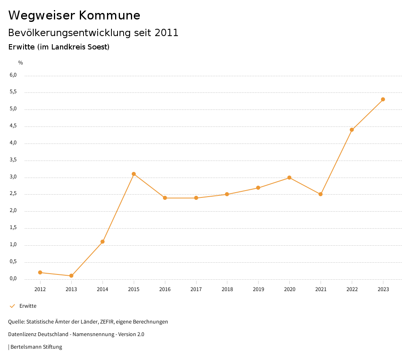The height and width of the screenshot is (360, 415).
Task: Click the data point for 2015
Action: (x=134, y=174)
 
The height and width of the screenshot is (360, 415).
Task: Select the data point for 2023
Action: (x=383, y=99)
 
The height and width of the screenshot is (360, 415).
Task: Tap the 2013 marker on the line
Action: (x=71, y=276)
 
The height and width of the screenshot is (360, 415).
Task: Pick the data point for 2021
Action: (x=321, y=194)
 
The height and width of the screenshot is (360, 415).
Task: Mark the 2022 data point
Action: (x=352, y=130)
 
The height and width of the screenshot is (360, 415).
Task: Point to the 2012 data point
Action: (x=40, y=272)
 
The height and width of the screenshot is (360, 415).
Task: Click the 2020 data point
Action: (x=289, y=178)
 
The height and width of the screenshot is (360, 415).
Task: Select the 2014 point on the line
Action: (x=103, y=242)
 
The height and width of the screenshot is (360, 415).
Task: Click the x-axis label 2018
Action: (x=227, y=289)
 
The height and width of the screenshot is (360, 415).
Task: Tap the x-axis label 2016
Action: (x=165, y=289)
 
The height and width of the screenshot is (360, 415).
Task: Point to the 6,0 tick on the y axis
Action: (x=13, y=75)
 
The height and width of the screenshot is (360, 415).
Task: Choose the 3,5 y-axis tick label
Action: (x=13, y=160)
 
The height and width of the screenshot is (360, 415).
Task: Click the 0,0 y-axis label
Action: (x=13, y=279)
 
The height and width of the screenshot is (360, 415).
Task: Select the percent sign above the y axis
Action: (x=21, y=63)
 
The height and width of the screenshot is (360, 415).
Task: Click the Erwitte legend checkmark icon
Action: (x=12, y=306)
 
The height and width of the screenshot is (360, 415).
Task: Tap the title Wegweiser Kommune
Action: (x=74, y=15)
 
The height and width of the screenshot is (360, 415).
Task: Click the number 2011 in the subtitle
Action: (x=167, y=33)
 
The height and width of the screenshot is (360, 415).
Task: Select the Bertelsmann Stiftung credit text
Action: (x=36, y=347)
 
